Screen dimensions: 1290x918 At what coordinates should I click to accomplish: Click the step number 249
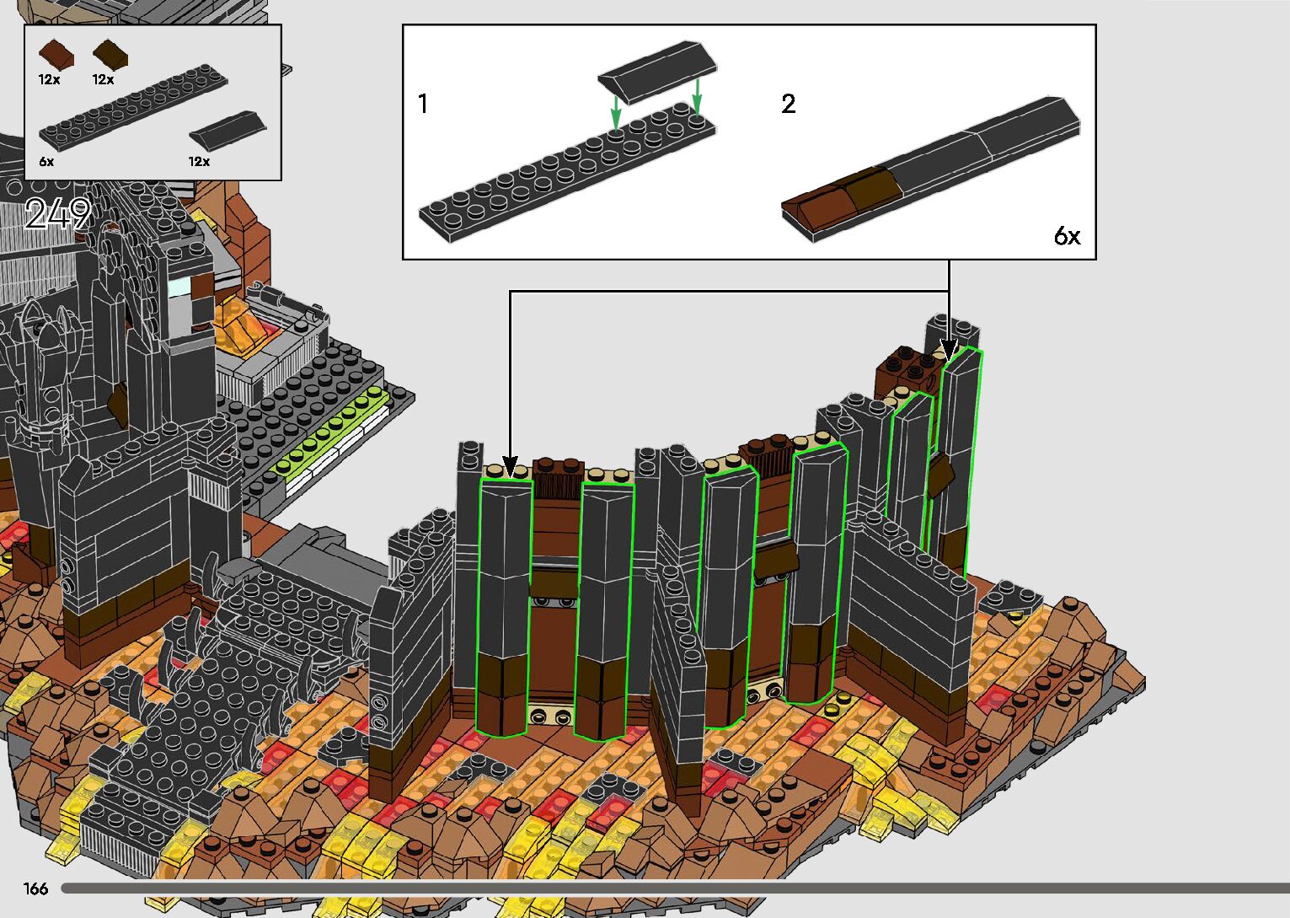[58, 213]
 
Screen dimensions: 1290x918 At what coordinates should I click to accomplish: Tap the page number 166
[35, 888]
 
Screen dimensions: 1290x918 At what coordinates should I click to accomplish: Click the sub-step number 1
[423, 104]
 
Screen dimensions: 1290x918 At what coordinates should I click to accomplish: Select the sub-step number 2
[789, 104]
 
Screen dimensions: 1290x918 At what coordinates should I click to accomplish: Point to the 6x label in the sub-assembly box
[1067, 235]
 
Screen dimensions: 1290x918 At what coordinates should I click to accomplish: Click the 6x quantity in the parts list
[46, 162]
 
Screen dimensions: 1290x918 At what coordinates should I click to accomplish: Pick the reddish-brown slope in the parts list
[56, 54]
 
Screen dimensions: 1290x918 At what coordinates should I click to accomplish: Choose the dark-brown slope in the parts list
[110, 54]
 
